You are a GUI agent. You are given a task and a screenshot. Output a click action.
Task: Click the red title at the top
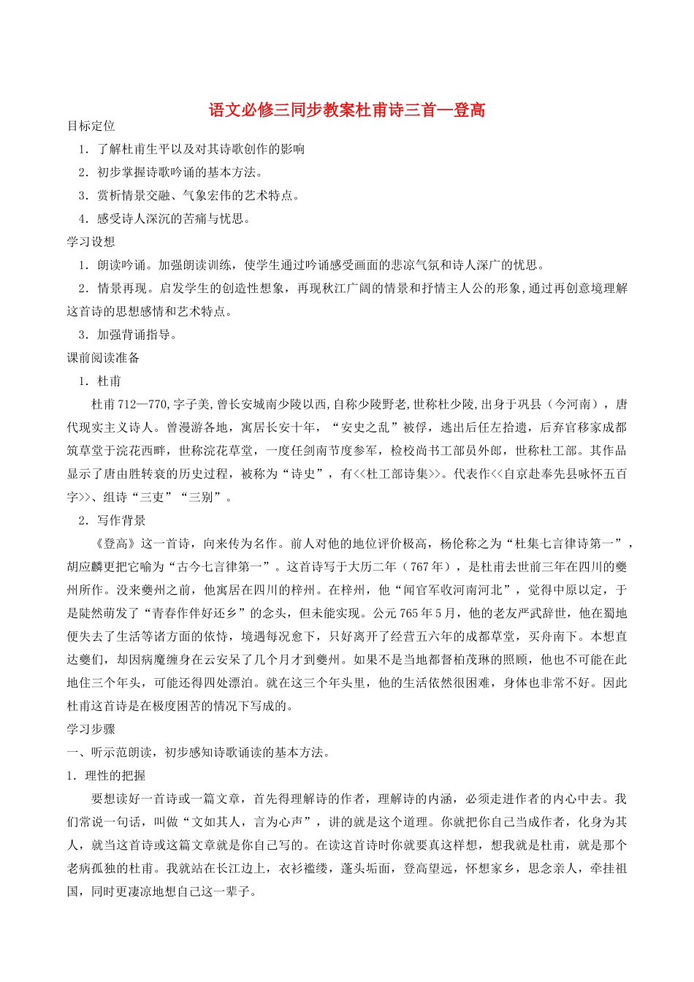click(x=347, y=110)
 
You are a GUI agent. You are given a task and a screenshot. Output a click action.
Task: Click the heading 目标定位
click(x=91, y=126)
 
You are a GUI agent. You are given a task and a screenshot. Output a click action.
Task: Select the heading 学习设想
click(x=91, y=242)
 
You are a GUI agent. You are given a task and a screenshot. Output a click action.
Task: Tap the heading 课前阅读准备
click(x=103, y=358)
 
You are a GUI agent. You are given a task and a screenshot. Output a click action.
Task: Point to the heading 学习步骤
click(x=91, y=729)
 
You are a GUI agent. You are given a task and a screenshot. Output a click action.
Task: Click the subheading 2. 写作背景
click(x=113, y=520)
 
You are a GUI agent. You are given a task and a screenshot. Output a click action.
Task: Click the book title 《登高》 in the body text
click(x=115, y=544)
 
